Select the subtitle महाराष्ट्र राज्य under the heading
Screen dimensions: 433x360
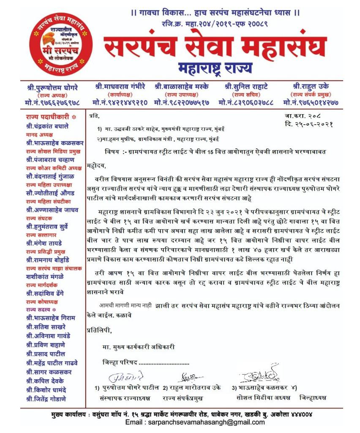[215, 67]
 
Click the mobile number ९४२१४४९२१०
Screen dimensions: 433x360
[120, 102]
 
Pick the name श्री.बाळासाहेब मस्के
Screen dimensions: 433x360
[182, 87]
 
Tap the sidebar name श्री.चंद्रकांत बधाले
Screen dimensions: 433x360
[47, 126]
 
